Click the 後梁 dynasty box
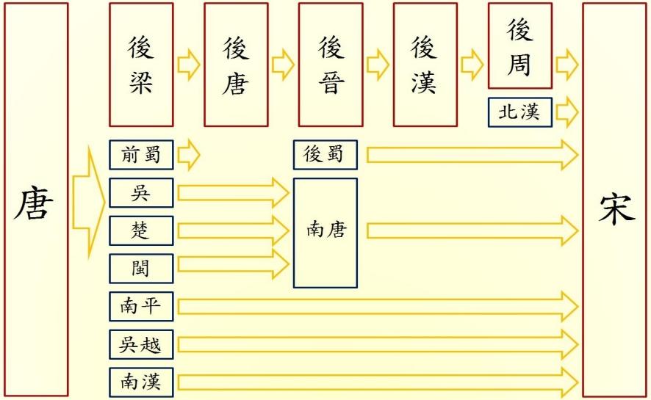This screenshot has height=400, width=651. pyautogui.click(x=141, y=65)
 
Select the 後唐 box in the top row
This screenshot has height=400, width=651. pyautogui.click(x=236, y=65)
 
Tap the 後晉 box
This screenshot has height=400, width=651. pyautogui.click(x=331, y=65)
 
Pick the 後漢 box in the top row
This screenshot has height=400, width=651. pyautogui.click(x=425, y=65)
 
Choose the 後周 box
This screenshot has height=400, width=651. pyautogui.click(x=519, y=46)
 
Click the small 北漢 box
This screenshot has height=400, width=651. pyautogui.click(x=519, y=112)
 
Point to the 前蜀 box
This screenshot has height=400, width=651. pyautogui.click(x=141, y=155)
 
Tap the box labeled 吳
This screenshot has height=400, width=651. pyautogui.click(x=141, y=193)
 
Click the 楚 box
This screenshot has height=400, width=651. pyautogui.click(x=141, y=230)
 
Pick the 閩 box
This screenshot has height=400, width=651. pyautogui.click(x=141, y=268)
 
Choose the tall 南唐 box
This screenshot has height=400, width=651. pyautogui.click(x=325, y=232)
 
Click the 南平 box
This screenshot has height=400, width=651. pyautogui.click(x=141, y=306)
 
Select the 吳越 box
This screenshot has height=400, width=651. pyautogui.click(x=141, y=343)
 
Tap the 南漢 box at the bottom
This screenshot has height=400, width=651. pyautogui.click(x=141, y=382)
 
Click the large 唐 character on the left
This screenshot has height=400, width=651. pyautogui.click(x=34, y=203)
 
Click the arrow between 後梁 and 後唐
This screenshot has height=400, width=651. pyautogui.click(x=188, y=65)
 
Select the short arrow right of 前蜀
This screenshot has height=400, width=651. pyautogui.click(x=188, y=155)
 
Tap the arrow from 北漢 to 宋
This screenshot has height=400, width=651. pyautogui.click(x=567, y=112)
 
